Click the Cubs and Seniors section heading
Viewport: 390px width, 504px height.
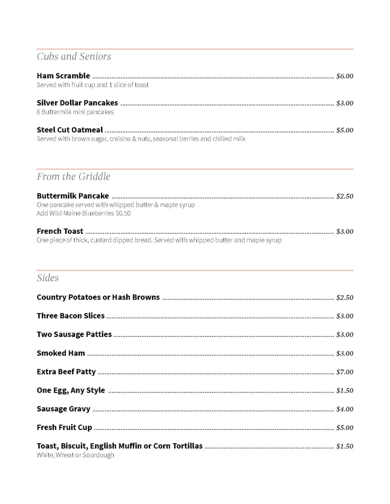tap(74, 56)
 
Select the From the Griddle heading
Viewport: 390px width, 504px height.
tap(74, 176)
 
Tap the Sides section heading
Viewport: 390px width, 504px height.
tap(48, 278)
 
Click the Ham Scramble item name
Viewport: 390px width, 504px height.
tap(63, 75)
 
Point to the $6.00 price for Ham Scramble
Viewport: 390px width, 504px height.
tap(345, 76)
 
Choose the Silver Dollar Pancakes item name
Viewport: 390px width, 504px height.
tap(77, 103)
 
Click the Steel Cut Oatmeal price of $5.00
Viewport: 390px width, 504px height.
tap(345, 130)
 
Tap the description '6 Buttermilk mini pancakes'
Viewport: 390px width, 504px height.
tap(75, 112)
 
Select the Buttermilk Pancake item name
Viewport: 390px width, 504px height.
tap(73, 196)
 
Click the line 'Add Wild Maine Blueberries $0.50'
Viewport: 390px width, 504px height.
tap(83, 213)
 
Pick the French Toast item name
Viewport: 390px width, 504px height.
tap(60, 231)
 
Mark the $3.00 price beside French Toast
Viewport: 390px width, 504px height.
tap(345, 231)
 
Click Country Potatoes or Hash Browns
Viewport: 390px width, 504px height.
tap(98, 297)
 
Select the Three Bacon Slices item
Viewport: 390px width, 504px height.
tap(71, 316)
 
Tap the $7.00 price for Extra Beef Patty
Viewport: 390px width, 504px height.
tap(345, 372)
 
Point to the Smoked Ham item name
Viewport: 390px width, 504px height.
tap(61, 353)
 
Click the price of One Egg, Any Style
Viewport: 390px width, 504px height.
tap(345, 391)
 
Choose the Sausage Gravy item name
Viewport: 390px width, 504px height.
tap(63, 409)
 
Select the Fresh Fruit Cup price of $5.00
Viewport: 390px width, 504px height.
tap(345, 428)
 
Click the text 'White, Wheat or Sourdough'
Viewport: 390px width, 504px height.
tap(76, 455)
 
